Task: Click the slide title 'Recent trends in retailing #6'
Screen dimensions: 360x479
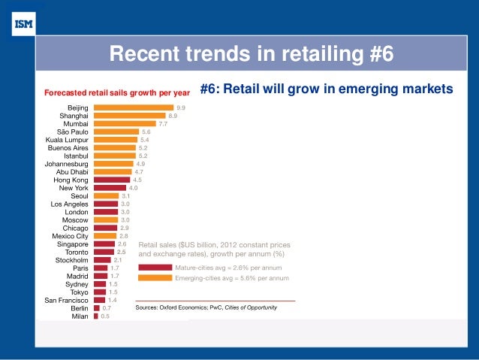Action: [252, 54]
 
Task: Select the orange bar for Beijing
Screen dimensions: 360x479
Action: [134, 107]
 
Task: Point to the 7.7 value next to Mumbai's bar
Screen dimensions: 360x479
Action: [161, 123]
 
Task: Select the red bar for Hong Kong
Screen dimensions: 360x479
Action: [112, 180]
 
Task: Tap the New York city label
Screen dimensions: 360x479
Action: [74, 188]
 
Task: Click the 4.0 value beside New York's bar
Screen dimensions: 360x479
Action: [133, 188]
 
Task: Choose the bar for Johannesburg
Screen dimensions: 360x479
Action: [113, 164]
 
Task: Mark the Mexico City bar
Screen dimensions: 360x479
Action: [105, 236]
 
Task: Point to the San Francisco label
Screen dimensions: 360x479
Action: [66, 300]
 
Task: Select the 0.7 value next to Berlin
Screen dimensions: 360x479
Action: [107, 308]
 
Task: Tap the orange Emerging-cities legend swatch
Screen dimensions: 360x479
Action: [155, 277]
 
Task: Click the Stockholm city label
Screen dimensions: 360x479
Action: [72, 260]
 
